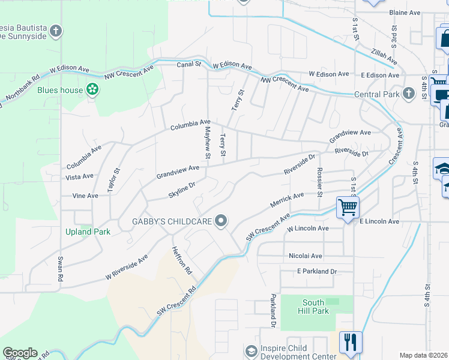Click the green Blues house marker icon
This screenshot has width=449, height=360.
coord(92,90)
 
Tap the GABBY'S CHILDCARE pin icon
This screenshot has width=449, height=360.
coord(221,221)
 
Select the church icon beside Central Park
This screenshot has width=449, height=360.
coord(408,94)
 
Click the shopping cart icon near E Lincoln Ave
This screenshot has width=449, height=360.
coord(348,208)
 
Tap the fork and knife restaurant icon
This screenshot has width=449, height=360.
coord(349,342)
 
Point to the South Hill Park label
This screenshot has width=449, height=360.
coord(313,307)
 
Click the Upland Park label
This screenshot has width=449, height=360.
coord(88,232)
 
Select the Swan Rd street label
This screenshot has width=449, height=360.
coord(60,269)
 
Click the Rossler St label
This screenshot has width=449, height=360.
coord(320,182)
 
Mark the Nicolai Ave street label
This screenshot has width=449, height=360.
coord(306,256)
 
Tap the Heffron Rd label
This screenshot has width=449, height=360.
coord(181,261)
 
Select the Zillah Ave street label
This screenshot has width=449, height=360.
coord(384,57)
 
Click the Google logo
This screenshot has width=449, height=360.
coord(20,353)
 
